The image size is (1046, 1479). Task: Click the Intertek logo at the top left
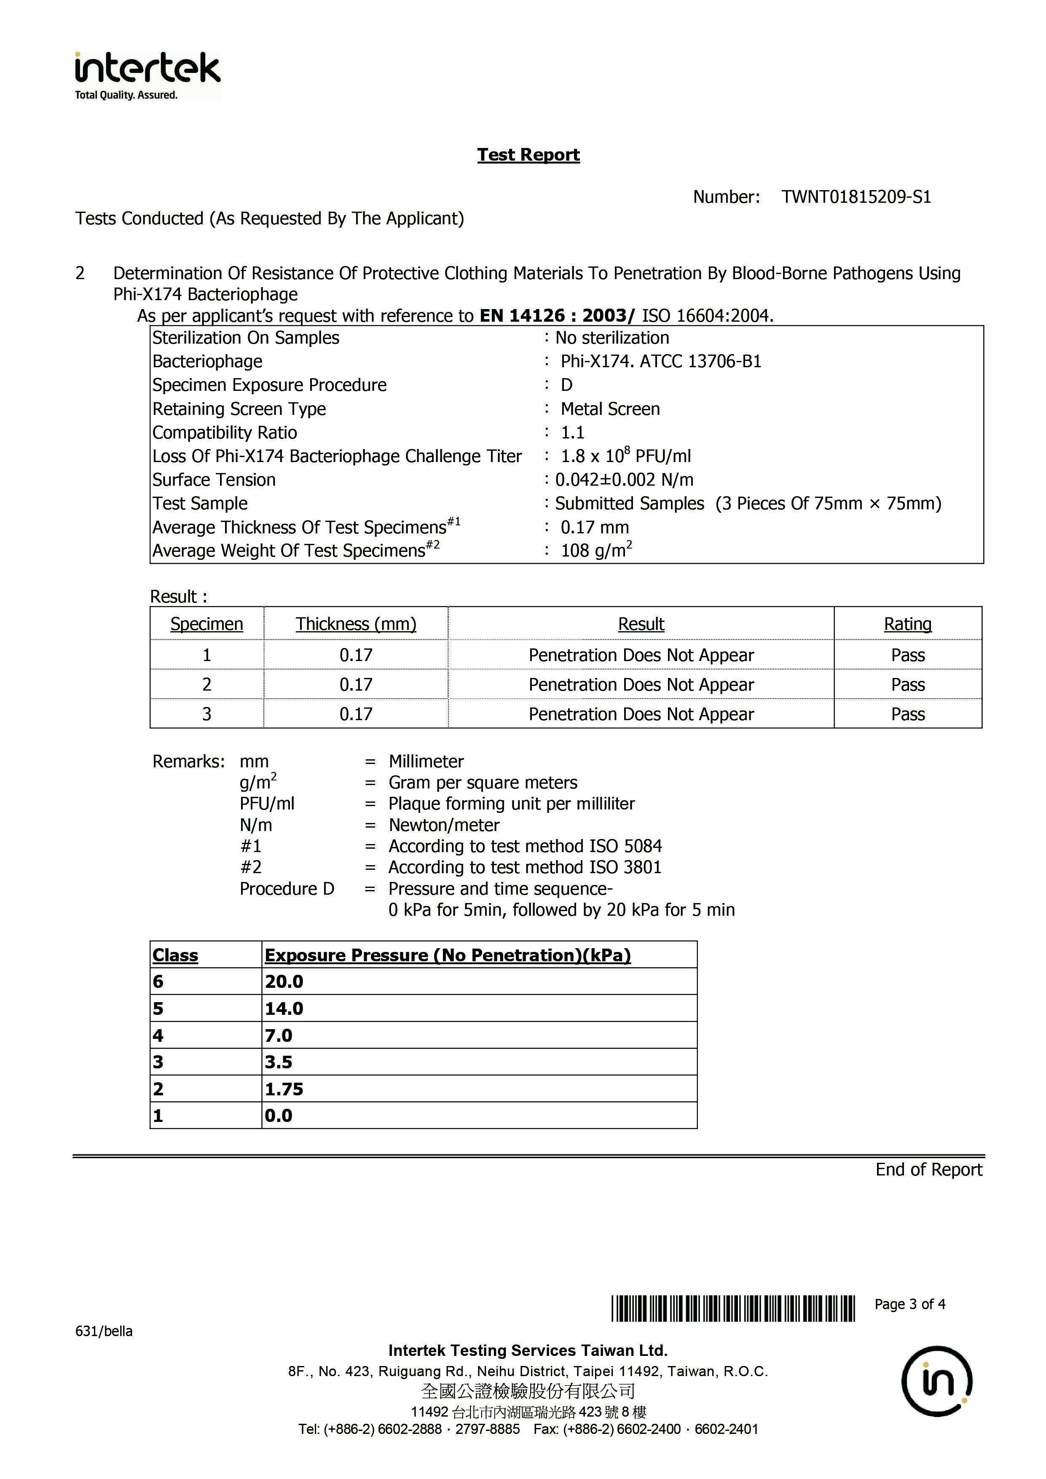click(x=148, y=75)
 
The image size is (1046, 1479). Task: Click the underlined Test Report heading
click(x=528, y=155)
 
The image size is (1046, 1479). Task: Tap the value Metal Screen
click(x=610, y=409)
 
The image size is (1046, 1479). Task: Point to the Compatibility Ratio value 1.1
click(x=573, y=433)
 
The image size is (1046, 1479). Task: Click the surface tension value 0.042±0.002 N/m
click(x=624, y=480)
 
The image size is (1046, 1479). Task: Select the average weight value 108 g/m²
click(x=596, y=551)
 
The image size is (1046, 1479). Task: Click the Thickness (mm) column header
click(x=356, y=624)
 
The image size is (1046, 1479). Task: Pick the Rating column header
click(x=907, y=624)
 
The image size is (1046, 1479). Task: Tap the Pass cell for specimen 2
click(x=907, y=685)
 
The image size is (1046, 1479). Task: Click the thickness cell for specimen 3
click(x=356, y=714)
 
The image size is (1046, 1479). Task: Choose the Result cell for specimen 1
click(x=641, y=655)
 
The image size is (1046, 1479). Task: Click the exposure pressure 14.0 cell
click(x=284, y=1009)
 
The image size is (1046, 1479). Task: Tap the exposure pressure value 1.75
click(x=284, y=1089)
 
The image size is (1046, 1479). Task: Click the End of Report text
click(x=928, y=1170)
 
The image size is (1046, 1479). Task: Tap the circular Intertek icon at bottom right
click(x=936, y=1381)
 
